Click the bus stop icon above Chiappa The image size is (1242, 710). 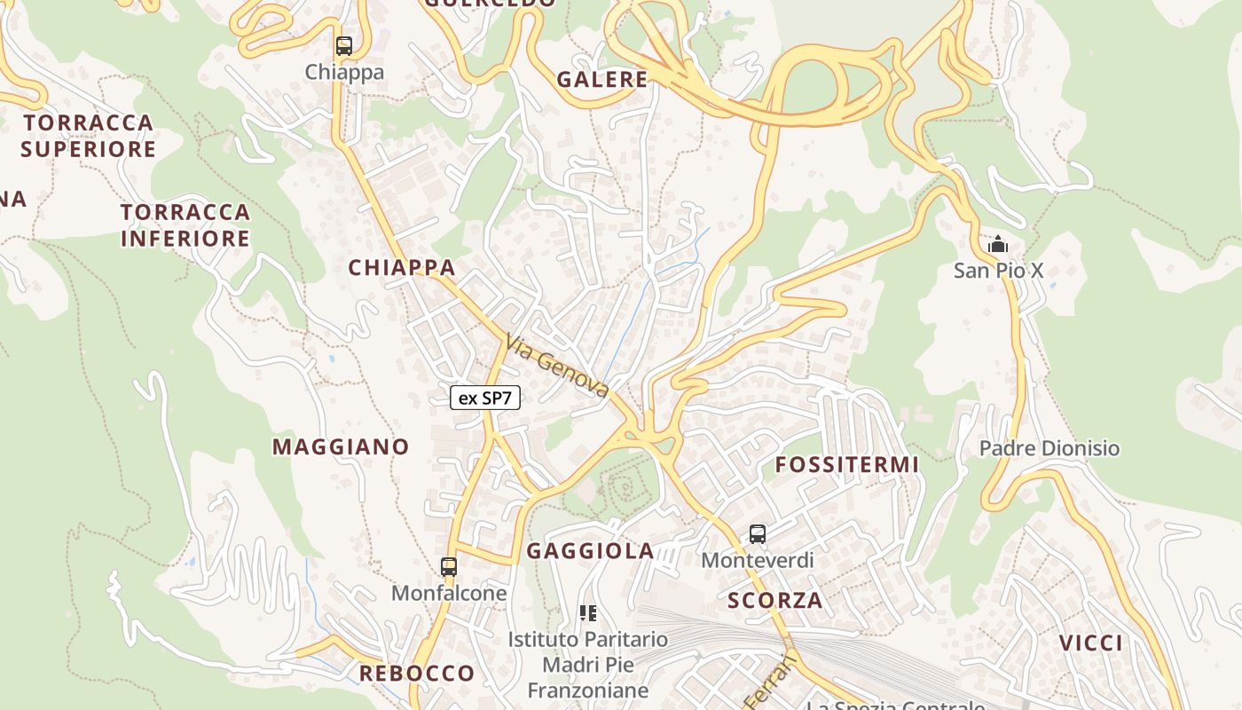(344, 46)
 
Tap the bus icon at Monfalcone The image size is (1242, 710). (449, 566)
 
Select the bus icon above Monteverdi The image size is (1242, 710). (757, 534)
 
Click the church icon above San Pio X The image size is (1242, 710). (998, 243)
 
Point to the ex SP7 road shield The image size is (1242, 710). (484, 398)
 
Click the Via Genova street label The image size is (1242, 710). (557, 366)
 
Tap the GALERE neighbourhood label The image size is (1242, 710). (602, 79)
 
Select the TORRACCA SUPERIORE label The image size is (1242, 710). (89, 135)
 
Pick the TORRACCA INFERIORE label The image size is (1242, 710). (185, 225)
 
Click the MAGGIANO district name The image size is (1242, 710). (341, 446)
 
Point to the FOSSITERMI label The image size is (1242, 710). (847, 465)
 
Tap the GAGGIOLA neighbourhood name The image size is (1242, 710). (591, 551)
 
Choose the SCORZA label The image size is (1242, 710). (775, 600)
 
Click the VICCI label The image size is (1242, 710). (1091, 643)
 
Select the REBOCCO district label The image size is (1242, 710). (417, 674)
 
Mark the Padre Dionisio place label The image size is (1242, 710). (1049, 448)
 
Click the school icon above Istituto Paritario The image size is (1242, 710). (587, 612)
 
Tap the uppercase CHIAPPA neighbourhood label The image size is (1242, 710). (402, 267)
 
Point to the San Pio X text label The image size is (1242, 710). (999, 271)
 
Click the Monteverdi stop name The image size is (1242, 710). (757, 561)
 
